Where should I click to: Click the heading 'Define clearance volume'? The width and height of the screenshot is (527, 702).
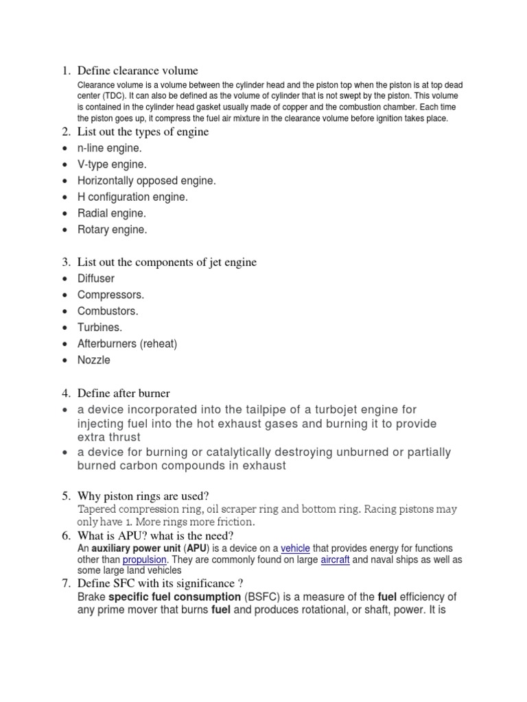pyautogui.click(x=137, y=71)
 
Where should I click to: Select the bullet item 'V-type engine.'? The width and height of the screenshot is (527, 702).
pyautogui.click(x=112, y=165)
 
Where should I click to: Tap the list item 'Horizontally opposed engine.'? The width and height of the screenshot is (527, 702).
pyautogui.click(x=146, y=181)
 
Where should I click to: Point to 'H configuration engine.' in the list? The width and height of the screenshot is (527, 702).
pyautogui.click(x=132, y=197)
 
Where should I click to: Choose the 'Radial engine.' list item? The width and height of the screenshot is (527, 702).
pyautogui.click(x=112, y=214)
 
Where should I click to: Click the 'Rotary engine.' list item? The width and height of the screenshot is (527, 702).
pyautogui.click(x=112, y=230)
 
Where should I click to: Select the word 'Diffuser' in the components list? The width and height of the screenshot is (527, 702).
pyautogui.click(x=96, y=278)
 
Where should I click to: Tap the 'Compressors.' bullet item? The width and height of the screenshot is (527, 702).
pyautogui.click(x=110, y=295)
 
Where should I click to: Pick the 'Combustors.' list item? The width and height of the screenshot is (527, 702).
pyautogui.click(x=108, y=311)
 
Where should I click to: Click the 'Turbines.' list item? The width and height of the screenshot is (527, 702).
pyautogui.click(x=99, y=328)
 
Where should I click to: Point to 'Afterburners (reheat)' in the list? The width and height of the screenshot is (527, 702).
pyautogui.click(x=127, y=344)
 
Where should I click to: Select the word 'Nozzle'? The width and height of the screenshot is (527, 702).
pyautogui.click(x=93, y=361)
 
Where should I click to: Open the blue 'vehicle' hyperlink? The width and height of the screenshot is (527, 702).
pyautogui.click(x=295, y=548)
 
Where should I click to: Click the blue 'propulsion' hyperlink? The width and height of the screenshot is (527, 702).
pyautogui.click(x=144, y=559)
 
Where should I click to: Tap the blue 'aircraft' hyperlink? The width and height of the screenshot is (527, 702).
pyautogui.click(x=336, y=559)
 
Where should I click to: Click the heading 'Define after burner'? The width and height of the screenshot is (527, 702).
pyautogui.click(x=124, y=394)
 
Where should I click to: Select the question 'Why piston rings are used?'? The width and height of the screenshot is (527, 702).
pyautogui.click(x=143, y=496)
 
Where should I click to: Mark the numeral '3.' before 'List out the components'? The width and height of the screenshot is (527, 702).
pyautogui.click(x=66, y=262)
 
